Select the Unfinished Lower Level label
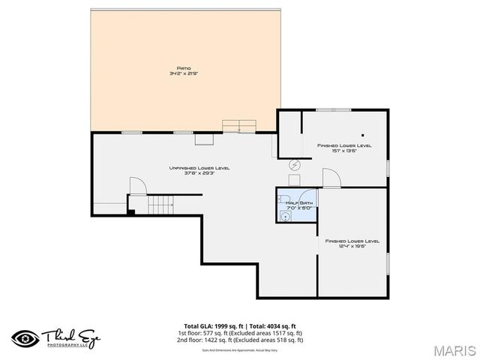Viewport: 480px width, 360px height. click(199, 168)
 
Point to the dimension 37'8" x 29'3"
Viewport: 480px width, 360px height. click(199, 173)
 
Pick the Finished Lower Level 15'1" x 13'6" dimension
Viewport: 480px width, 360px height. click(343, 150)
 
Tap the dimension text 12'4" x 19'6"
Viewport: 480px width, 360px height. click(352, 247)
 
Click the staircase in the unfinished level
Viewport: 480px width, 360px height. click(160, 203)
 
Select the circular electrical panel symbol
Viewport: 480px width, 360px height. click(295, 164)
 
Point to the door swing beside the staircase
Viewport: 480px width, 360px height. click(136, 185)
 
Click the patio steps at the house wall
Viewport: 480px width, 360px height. click(239, 125)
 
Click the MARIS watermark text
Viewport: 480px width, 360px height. click(454, 349)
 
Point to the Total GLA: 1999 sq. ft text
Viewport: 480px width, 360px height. click(204, 326)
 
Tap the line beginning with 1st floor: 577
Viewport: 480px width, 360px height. click(239, 333)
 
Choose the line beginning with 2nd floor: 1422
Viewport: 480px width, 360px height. click(239, 340)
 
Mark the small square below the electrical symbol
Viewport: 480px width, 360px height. click(295, 178)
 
